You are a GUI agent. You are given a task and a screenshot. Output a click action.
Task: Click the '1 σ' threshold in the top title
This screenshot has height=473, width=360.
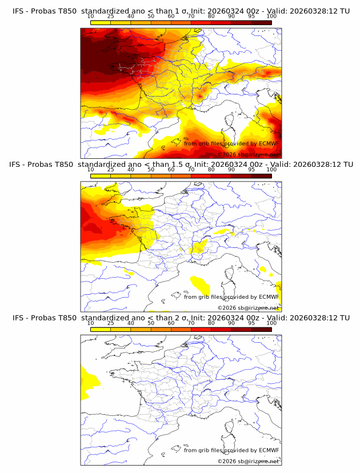point(184,11)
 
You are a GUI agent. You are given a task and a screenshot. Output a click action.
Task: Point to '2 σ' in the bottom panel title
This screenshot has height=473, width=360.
point(184,318)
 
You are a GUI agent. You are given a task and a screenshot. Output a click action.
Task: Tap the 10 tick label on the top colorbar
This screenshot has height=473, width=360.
point(91,16)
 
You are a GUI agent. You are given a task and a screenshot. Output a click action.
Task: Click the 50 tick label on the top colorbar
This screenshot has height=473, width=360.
point(151,16)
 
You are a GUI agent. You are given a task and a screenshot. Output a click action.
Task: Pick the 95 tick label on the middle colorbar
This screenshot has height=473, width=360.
point(251,169)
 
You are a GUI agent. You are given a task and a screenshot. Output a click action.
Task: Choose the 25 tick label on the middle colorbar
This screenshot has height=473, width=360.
point(111,169)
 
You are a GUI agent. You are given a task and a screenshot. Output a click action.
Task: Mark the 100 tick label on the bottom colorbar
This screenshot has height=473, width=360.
point(271,323)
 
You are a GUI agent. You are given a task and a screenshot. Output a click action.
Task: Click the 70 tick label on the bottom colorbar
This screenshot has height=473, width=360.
point(191,323)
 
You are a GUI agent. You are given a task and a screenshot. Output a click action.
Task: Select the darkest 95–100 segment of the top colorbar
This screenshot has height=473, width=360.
point(261,22)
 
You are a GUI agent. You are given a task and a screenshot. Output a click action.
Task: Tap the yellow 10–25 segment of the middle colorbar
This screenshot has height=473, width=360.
point(101,176)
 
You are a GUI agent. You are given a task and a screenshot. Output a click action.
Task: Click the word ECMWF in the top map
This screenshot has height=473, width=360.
point(269,144)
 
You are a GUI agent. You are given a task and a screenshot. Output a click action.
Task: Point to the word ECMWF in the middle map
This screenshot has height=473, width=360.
point(269,297)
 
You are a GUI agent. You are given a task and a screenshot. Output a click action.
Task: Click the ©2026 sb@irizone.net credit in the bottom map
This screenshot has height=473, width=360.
point(249,461)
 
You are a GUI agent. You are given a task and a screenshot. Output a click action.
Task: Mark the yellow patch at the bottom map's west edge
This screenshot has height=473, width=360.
point(87,382)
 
